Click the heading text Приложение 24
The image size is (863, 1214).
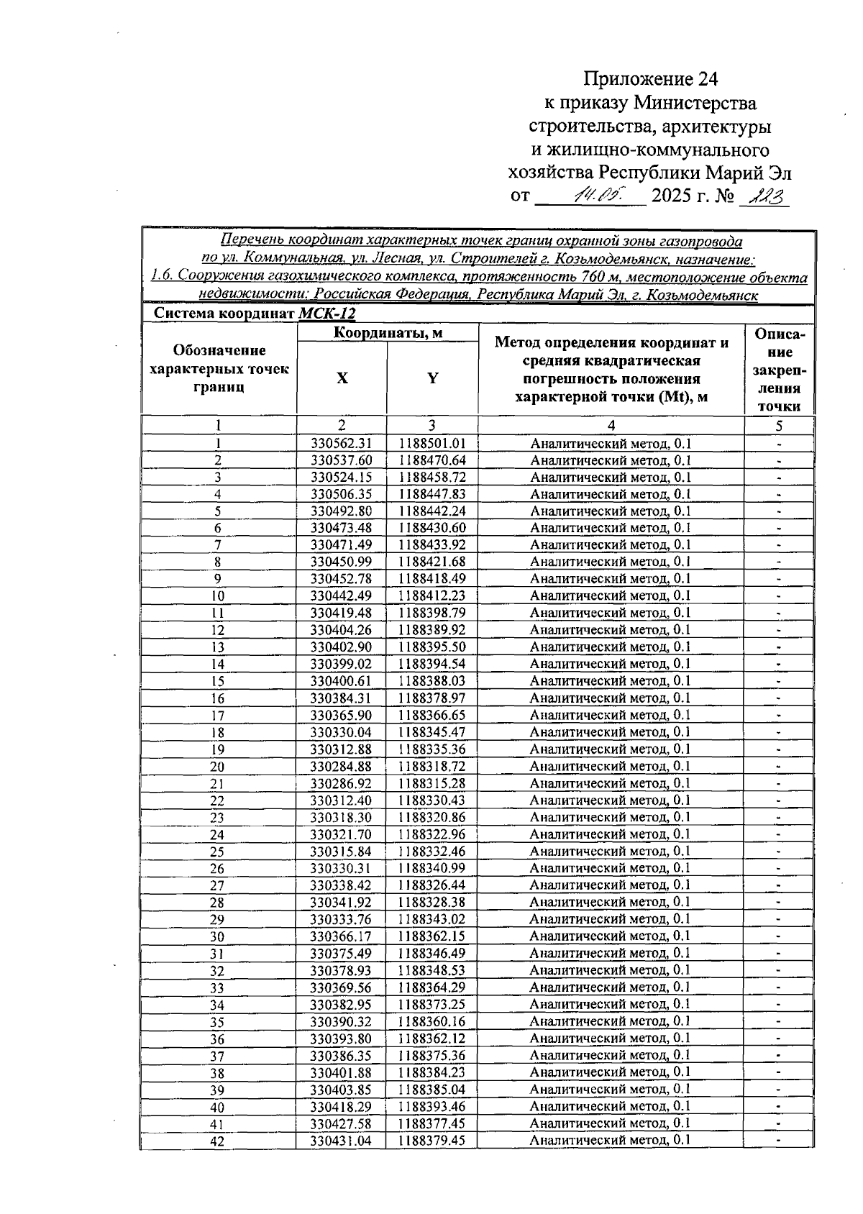(650, 78)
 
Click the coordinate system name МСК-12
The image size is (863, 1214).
(327, 314)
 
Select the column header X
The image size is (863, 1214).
(342, 378)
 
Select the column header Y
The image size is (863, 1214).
(432, 378)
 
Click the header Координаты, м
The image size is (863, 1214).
(388, 332)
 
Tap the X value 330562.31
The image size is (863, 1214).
(341, 444)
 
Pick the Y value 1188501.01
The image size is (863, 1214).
(432, 444)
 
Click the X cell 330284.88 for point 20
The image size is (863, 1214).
(341, 767)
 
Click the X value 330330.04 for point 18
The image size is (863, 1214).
(341, 733)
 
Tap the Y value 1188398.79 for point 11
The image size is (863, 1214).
(432, 613)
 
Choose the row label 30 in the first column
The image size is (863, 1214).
(217, 937)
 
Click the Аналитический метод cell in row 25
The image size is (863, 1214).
(610, 852)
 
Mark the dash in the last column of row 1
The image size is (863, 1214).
(779, 444)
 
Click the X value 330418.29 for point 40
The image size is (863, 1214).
(341, 1107)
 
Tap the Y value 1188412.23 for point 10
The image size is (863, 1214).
(432, 596)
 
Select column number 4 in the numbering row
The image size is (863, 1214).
(611, 426)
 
